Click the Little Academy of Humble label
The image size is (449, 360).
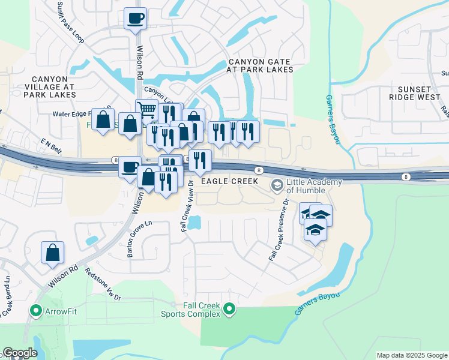pyautogui.click(x=313, y=187)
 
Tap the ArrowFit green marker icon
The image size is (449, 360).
pyautogui.click(x=36, y=311)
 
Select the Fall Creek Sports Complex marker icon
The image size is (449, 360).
pyautogui.click(x=229, y=309)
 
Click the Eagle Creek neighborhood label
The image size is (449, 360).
pyautogui.click(x=229, y=181)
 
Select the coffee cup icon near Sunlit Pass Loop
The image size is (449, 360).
pyautogui.click(x=135, y=18)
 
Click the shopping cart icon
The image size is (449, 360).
pyautogui.click(x=146, y=110)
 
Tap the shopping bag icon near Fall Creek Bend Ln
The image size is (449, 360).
pyautogui.click(x=52, y=253)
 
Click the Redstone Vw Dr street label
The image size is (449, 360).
pyautogui.click(x=103, y=284)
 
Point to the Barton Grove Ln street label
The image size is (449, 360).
pyautogui.click(x=140, y=238)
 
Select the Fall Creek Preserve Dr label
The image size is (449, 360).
pyautogui.click(x=279, y=229)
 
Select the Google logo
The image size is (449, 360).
pyautogui.click(x=20, y=353)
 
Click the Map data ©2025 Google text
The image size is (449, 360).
pyautogui.click(x=411, y=355)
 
